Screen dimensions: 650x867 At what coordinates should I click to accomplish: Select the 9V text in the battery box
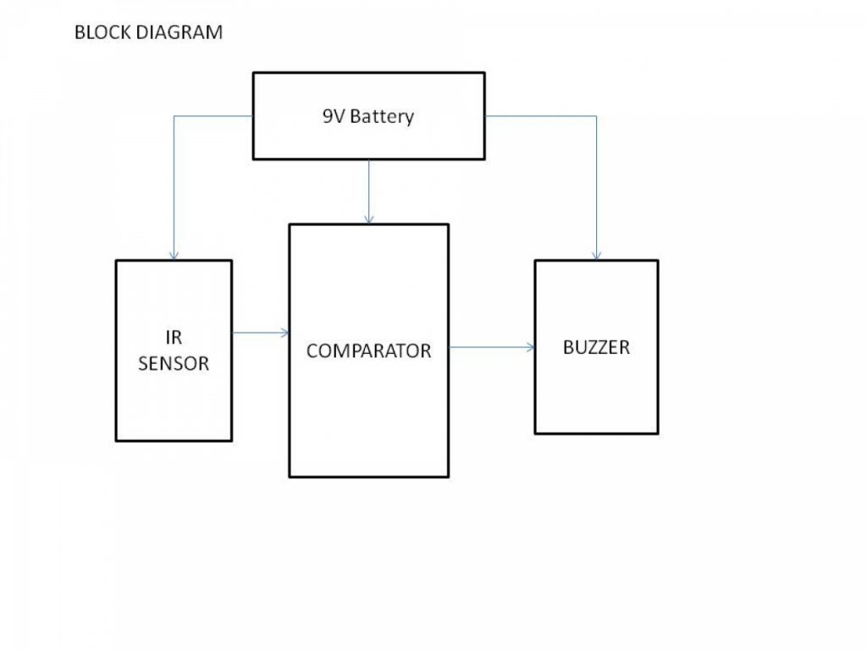334,116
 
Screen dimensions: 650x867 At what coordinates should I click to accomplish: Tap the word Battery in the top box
382,117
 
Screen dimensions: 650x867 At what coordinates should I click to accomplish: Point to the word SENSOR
174,364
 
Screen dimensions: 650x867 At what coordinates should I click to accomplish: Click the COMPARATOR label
368,350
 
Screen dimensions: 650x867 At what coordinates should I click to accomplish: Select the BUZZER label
596,347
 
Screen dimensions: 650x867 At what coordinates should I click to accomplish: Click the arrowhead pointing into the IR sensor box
174,256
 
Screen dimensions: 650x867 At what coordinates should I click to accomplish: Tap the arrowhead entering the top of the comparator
368,219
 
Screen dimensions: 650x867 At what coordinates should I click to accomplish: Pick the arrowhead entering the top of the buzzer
597,256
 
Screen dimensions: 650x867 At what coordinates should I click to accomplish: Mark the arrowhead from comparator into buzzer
530,347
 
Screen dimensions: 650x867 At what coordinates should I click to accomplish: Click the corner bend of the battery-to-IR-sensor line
174,116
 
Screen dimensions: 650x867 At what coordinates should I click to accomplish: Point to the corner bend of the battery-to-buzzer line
597,116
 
